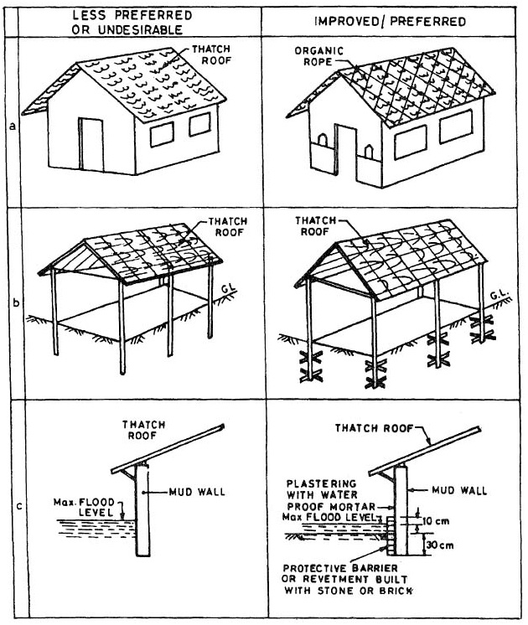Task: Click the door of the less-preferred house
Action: (90, 144)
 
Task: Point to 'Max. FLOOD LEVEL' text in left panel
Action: (91, 508)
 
